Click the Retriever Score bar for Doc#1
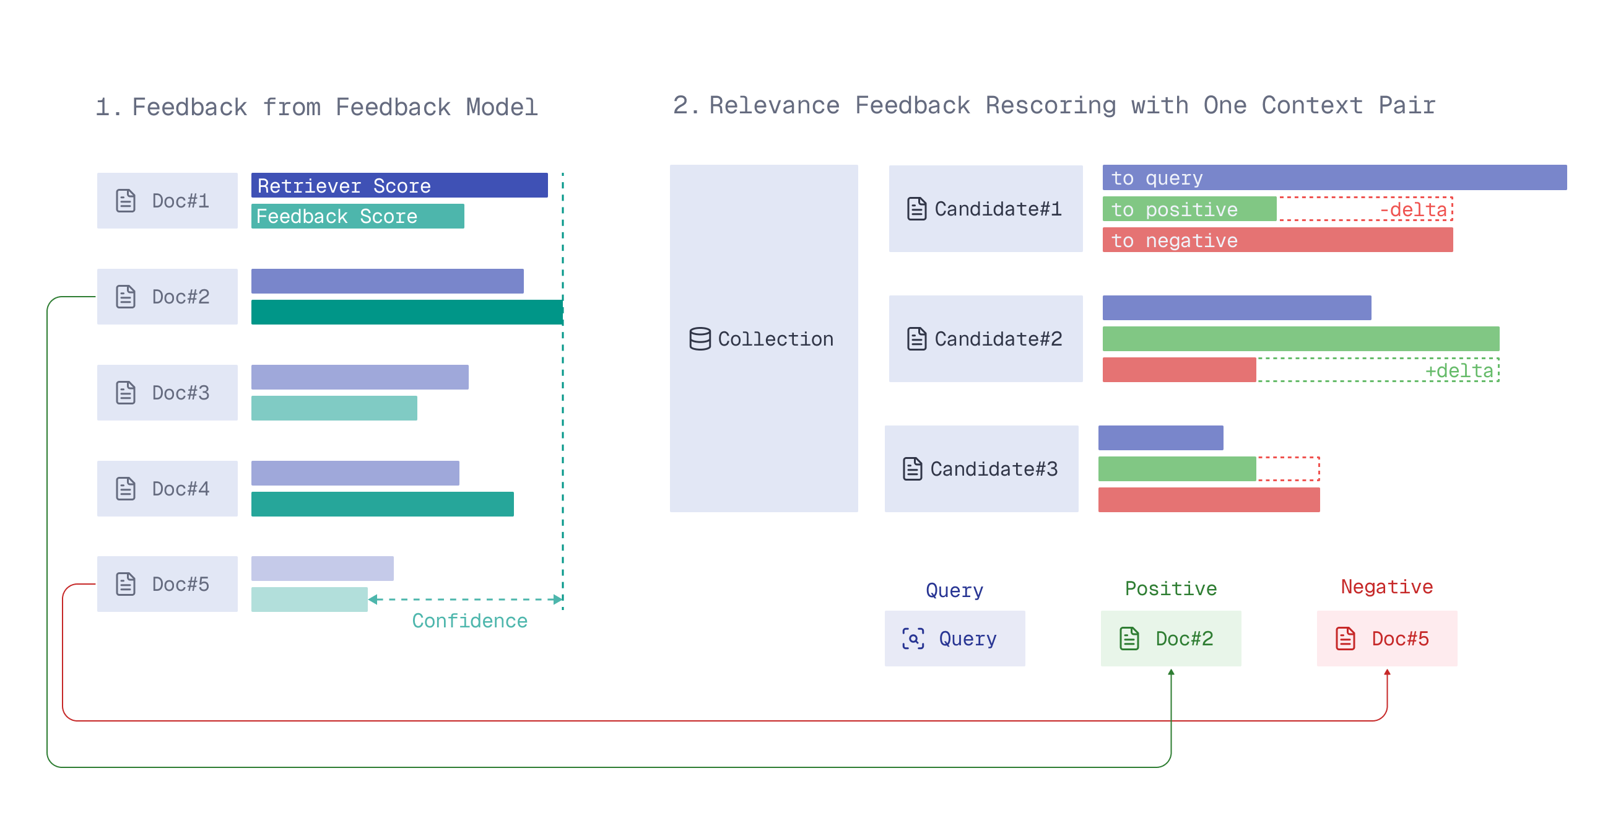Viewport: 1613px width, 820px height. pyautogui.click(x=399, y=185)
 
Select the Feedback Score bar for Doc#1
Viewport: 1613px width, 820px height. pyautogui.click(x=357, y=216)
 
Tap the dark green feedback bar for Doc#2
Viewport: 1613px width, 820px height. pyautogui.click(x=406, y=312)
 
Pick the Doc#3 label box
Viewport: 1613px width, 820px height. pyautogui.click(x=167, y=393)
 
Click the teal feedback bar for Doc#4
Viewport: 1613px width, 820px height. pyautogui.click(x=382, y=504)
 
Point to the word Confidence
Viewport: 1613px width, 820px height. pyautogui.click(x=469, y=621)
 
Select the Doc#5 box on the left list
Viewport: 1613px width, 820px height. pyautogui.click(x=167, y=584)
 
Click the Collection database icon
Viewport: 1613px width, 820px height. pyautogui.click(x=700, y=339)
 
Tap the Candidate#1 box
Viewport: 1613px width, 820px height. pyautogui.click(x=985, y=209)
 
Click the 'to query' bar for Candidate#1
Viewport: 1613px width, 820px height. pyautogui.click(x=1334, y=178)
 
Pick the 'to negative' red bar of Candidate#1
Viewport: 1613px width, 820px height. pyautogui.click(x=1277, y=240)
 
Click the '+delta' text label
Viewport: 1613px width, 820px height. pyautogui.click(x=1458, y=371)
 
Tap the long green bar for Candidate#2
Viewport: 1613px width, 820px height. pyautogui.click(x=1300, y=339)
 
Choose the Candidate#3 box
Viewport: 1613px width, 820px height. pyautogui.click(x=981, y=469)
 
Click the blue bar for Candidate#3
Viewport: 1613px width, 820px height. pyautogui.click(x=1160, y=438)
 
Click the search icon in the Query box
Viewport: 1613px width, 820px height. pyautogui.click(x=912, y=639)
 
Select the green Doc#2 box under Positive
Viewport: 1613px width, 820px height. pyautogui.click(x=1170, y=639)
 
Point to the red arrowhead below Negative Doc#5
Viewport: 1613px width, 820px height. pyautogui.click(x=1386, y=673)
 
